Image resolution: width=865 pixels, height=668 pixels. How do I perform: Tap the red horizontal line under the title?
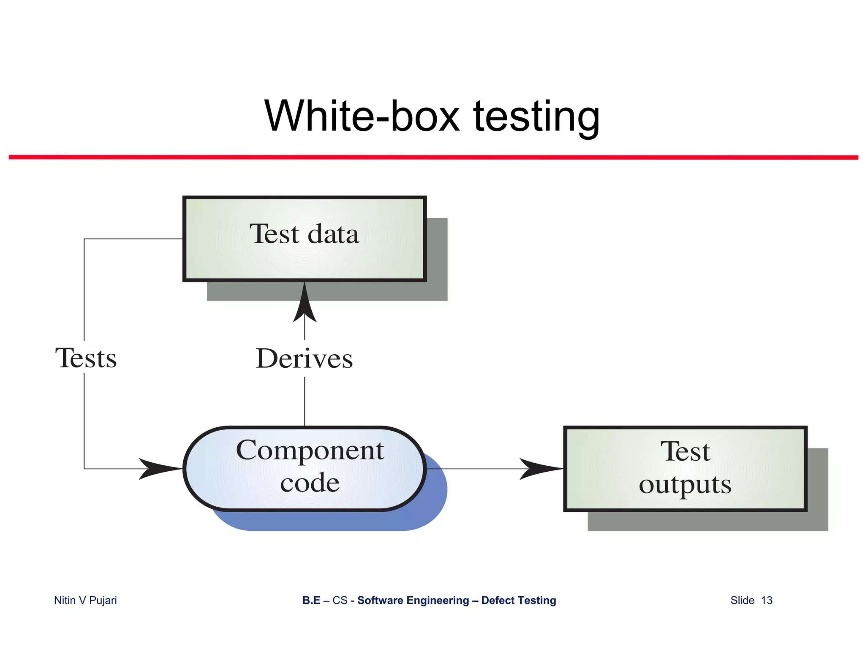(x=433, y=157)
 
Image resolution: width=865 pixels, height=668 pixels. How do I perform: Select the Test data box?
(x=304, y=239)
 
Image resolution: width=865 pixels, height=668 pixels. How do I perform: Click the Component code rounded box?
(x=304, y=468)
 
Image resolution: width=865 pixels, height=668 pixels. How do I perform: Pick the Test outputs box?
(x=685, y=469)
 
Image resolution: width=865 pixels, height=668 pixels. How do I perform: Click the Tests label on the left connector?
(x=86, y=358)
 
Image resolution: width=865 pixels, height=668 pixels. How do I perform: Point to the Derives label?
(x=304, y=359)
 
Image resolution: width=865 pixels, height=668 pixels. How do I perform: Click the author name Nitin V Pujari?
(x=85, y=600)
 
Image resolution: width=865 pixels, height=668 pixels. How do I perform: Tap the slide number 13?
(x=767, y=600)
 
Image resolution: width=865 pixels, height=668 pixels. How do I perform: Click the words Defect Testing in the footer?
(x=519, y=600)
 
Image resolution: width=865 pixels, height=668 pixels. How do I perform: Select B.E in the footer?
(x=311, y=600)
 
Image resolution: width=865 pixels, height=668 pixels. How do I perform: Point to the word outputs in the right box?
(x=685, y=484)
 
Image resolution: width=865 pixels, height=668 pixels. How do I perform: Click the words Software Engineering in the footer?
(x=413, y=600)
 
